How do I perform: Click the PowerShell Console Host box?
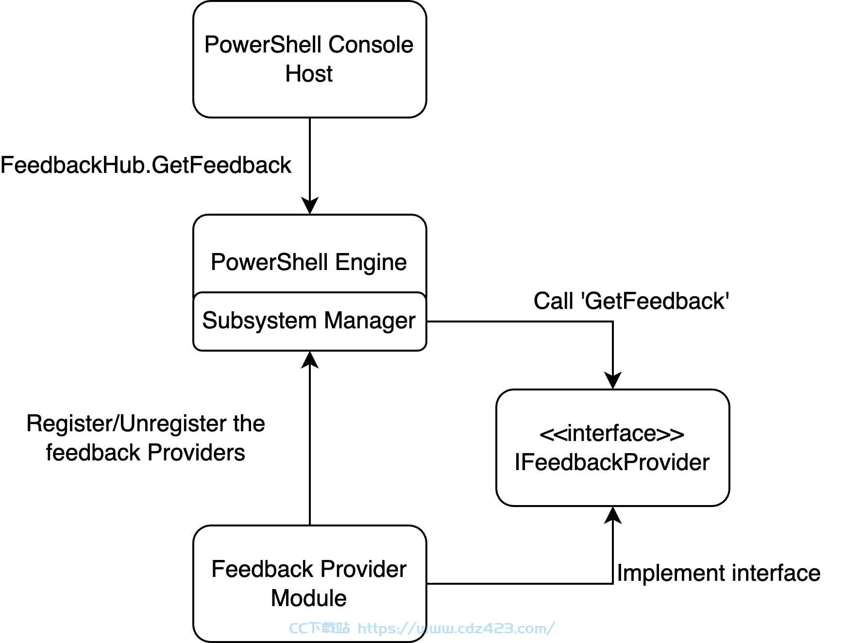[310, 59]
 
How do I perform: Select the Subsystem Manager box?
[310, 321]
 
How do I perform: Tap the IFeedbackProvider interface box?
[613, 448]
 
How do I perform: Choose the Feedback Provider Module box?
[310, 584]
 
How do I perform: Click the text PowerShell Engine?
[309, 263]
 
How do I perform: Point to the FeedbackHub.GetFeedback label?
[146, 165]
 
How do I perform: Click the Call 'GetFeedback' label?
[631, 301]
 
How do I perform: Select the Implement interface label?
[719, 573]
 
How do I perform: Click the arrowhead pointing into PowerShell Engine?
[310, 206]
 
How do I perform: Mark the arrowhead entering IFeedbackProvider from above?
[613, 381]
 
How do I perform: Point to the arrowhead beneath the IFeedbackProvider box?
[613, 515]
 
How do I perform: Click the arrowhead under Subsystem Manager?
[310, 359]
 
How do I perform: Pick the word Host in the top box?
[309, 74]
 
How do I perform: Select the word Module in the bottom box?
[309, 598]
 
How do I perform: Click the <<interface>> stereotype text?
[612, 433]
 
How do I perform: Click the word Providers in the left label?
[196, 453]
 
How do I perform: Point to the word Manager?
[370, 321]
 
